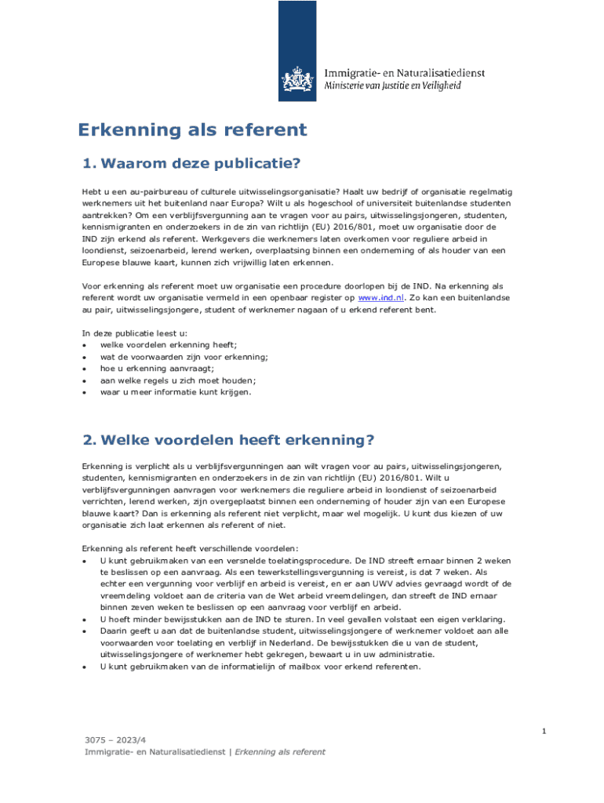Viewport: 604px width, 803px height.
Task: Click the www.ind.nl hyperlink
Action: [380, 298]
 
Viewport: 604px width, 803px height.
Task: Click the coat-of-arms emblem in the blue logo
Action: [298, 79]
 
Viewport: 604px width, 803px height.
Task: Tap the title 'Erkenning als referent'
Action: [191, 130]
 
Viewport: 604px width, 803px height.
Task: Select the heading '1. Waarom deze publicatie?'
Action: [192, 164]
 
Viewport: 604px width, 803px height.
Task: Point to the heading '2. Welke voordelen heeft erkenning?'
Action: [228, 440]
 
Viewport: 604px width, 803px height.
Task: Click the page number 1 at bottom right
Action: [543, 731]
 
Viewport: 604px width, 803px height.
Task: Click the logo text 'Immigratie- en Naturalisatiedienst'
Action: [405, 73]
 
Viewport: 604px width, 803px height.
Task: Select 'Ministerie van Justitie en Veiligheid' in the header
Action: [393, 85]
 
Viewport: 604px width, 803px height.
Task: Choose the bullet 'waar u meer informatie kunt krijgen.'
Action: [176, 392]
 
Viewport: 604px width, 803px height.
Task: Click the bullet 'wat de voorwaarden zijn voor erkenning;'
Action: [184, 357]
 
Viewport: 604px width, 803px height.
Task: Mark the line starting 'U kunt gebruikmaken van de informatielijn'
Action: [260, 667]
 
